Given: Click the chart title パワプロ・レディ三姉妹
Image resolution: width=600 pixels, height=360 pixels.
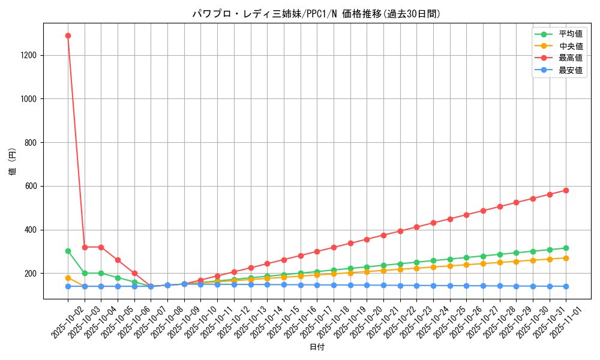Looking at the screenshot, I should click(x=316, y=13).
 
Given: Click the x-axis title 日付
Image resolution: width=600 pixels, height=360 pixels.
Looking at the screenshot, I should click(x=316, y=347).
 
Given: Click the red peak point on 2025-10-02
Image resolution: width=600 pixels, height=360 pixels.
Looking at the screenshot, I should click(x=68, y=35).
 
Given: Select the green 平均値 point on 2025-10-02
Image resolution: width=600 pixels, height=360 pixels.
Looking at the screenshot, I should click(x=68, y=251).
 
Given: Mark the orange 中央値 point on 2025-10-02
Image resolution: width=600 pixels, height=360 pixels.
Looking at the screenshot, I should click(x=68, y=278).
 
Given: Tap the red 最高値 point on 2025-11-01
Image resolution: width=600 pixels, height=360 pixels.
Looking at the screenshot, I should click(x=566, y=190).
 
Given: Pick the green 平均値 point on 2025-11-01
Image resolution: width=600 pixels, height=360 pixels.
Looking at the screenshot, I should click(x=566, y=248).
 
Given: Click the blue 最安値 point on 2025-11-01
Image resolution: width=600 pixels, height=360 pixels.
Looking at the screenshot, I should click(x=566, y=286).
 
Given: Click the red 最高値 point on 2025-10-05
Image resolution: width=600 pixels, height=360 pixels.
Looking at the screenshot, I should click(x=118, y=260).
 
